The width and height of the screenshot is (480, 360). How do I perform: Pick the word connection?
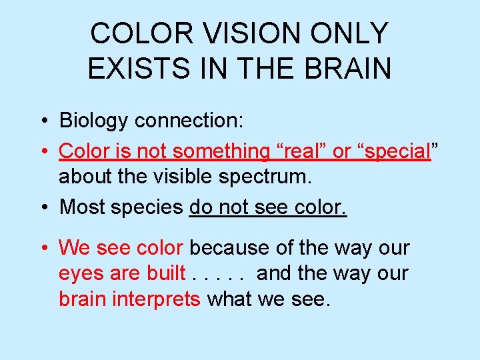click(190, 121)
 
